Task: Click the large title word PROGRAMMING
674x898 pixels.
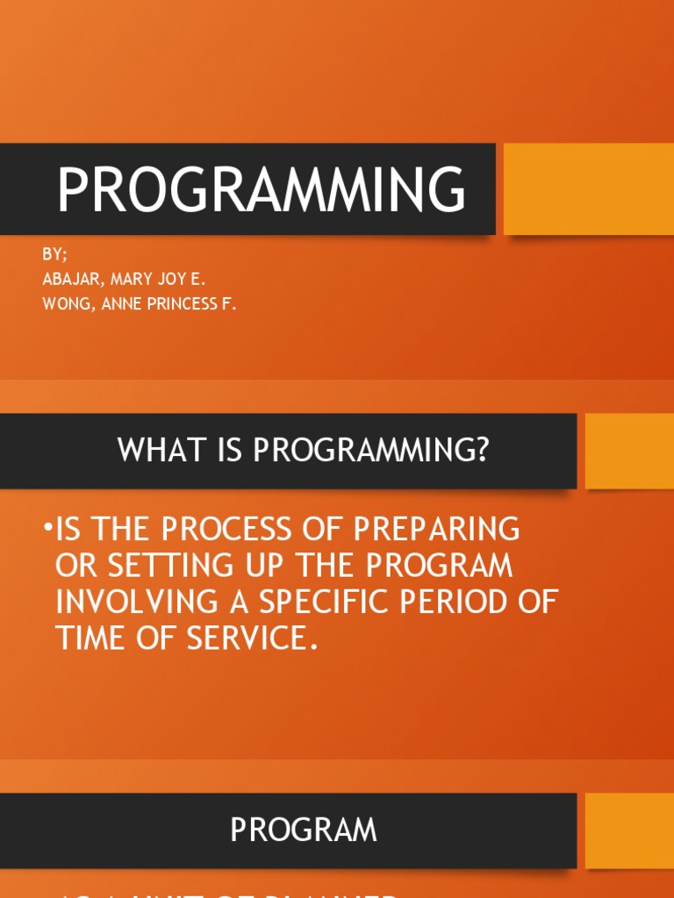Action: (261, 190)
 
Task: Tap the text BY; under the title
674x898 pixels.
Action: (54, 255)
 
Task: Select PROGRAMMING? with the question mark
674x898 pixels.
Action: (371, 451)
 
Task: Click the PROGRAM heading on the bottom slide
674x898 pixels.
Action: (304, 830)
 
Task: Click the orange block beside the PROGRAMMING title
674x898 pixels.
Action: (588, 189)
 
